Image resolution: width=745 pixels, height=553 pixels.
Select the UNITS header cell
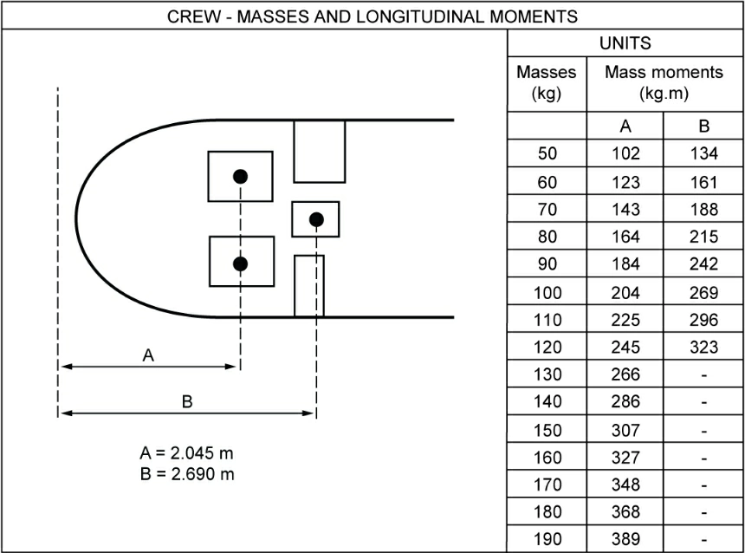[x=625, y=43]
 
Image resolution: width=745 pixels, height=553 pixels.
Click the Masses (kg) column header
[x=546, y=83]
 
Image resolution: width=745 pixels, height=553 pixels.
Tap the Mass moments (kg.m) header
[x=664, y=83]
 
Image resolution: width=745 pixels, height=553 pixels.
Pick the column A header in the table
[x=625, y=127]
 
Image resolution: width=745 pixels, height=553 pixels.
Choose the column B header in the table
[x=703, y=127]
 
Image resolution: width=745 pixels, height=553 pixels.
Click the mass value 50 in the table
[x=547, y=154]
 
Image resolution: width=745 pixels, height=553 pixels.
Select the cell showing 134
[x=704, y=154]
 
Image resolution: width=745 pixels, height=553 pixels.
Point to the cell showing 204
[x=625, y=292]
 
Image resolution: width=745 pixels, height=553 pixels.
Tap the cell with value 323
[x=704, y=348]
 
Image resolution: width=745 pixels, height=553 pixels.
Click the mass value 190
[x=547, y=539]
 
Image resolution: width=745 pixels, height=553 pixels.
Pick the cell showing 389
[x=625, y=539]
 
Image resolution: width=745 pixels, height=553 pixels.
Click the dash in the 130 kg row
[x=704, y=374]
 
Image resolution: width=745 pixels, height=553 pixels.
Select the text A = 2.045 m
[x=186, y=453]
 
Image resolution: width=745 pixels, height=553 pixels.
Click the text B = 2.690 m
[x=186, y=474]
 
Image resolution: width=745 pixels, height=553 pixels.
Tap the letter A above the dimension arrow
[x=148, y=355]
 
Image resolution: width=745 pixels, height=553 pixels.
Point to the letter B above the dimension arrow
[x=186, y=401]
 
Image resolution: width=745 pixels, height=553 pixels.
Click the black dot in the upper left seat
[x=241, y=176]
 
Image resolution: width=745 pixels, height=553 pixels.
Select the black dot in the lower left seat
[x=241, y=263]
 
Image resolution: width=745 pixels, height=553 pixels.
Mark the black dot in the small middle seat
[x=316, y=219]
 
